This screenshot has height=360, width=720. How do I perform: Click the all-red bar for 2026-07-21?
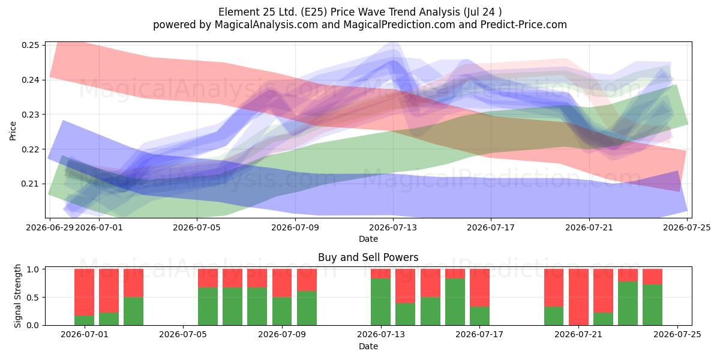click(x=578, y=297)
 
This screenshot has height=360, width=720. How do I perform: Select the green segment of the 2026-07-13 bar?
click(x=380, y=302)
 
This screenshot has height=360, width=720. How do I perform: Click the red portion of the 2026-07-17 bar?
click(x=479, y=287)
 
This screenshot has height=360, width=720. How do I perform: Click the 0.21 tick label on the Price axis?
click(x=31, y=184)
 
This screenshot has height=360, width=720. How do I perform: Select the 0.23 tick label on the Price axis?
click(x=31, y=115)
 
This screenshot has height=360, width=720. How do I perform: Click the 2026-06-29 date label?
click(x=50, y=227)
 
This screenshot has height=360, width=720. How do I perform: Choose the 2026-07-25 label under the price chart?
click(x=687, y=227)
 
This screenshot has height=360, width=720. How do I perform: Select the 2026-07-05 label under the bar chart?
click(x=183, y=335)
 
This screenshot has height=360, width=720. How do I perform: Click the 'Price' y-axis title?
click(x=13, y=131)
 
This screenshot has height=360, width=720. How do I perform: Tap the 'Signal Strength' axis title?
click(x=17, y=296)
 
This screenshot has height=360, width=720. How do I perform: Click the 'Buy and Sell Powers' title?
click(x=368, y=257)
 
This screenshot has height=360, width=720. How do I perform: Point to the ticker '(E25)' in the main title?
click(x=314, y=12)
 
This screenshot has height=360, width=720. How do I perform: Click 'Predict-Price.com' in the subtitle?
click(x=524, y=25)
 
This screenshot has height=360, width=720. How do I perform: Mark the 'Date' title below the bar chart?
click(x=368, y=346)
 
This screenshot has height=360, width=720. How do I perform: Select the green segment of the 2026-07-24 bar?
click(x=653, y=305)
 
